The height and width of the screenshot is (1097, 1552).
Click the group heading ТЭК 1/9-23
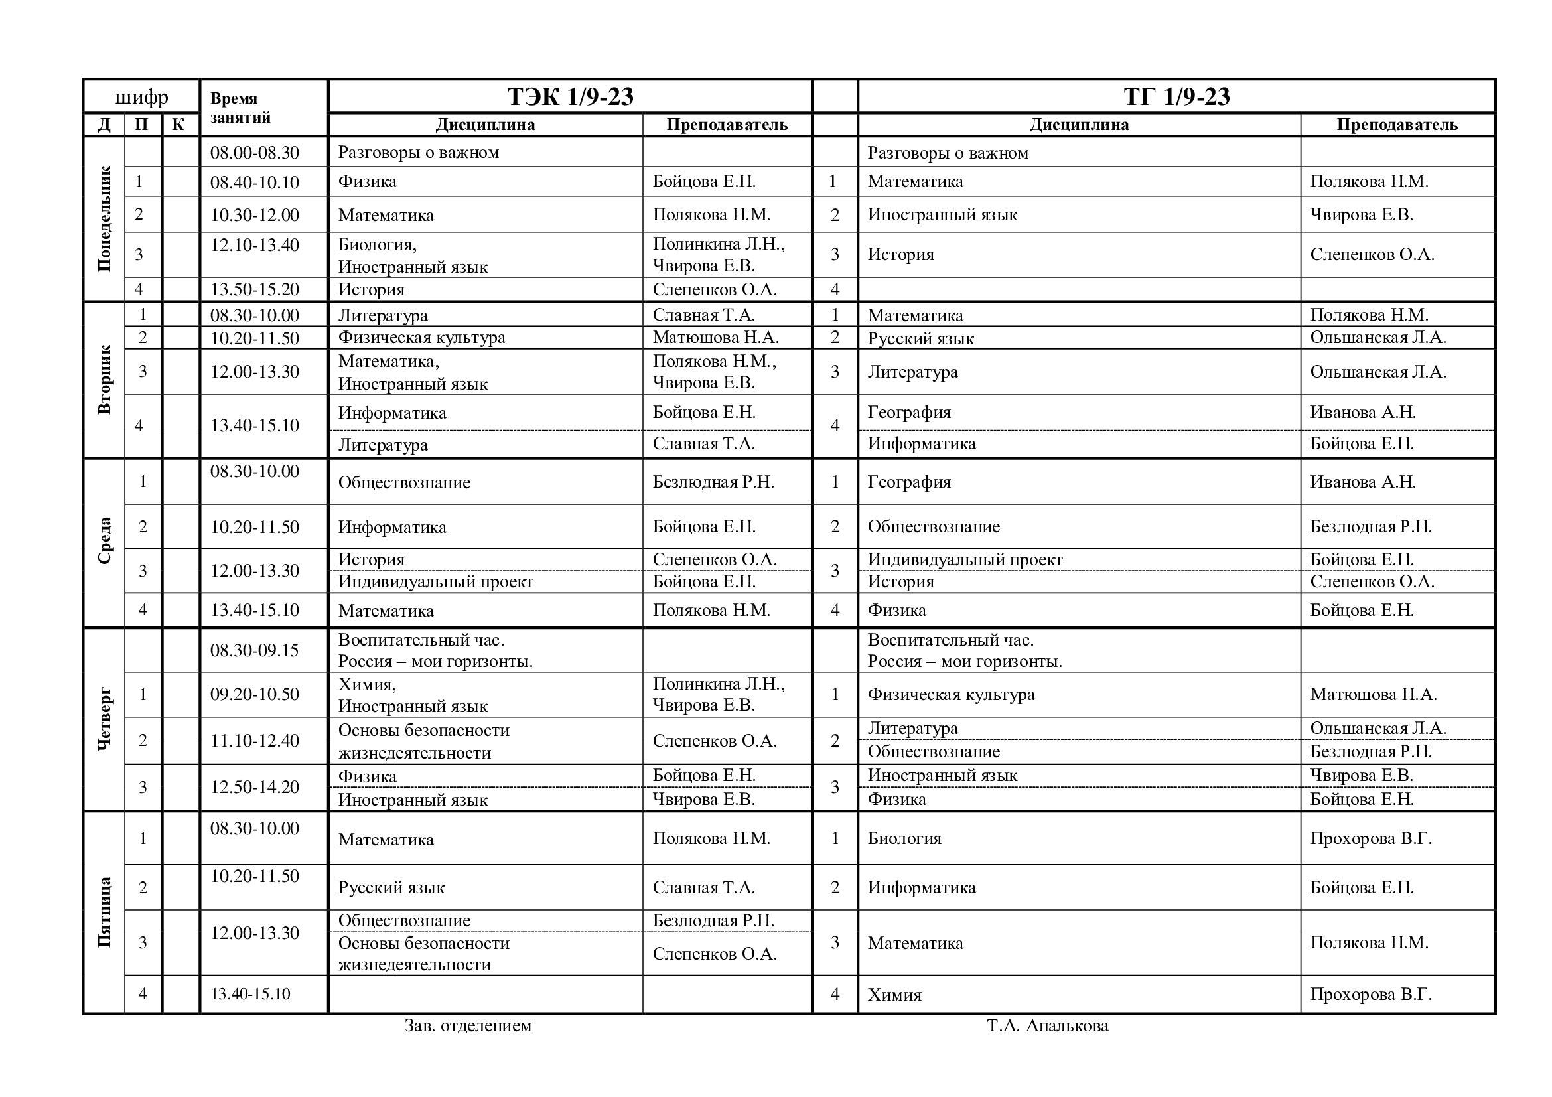[x=570, y=97]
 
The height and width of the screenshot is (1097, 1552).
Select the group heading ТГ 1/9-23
[x=1176, y=97]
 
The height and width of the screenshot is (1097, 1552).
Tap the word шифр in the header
[x=141, y=98]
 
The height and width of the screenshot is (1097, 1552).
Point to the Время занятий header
[x=240, y=108]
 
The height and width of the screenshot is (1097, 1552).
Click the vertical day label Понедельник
[x=104, y=218]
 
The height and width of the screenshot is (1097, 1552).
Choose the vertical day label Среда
[x=104, y=541]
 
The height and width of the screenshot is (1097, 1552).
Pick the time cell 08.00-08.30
[x=254, y=152]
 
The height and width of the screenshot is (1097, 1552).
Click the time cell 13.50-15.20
[x=254, y=289]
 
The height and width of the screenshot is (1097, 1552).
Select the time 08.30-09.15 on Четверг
[x=254, y=650]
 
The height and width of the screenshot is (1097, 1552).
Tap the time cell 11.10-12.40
[x=254, y=740]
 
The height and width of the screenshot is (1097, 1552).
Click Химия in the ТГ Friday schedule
[x=894, y=994]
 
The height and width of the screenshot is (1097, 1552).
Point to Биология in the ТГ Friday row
[x=904, y=838]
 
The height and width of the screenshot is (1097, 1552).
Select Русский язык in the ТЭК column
[x=391, y=887]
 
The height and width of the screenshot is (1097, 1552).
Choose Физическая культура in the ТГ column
[x=950, y=694]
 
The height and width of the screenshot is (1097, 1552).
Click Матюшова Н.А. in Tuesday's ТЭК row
[x=715, y=337]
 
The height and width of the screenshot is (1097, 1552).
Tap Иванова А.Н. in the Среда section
[x=1362, y=482]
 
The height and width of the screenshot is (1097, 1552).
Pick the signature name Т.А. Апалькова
[x=1047, y=1025]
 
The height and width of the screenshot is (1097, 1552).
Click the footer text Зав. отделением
[x=468, y=1025]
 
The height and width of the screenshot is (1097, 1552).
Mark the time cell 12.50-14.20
[x=254, y=787]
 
